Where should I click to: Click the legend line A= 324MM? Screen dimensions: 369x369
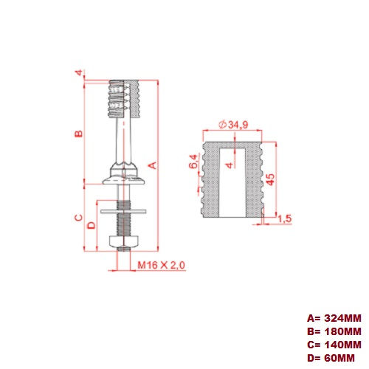click(x=334, y=318)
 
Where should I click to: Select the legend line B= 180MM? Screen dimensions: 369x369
click(x=334, y=331)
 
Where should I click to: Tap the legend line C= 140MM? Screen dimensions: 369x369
click(x=334, y=345)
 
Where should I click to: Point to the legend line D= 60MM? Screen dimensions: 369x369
click(x=331, y=358)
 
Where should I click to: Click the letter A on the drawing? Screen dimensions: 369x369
click(x=152, y=165)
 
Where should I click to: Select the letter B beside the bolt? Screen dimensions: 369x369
click(x=77, y=134)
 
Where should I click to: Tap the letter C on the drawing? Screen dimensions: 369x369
click(x=77, y=218)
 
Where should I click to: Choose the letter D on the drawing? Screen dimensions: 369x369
click(x=92, y=224)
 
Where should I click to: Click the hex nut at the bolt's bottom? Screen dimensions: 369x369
click(x=121, y=243)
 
